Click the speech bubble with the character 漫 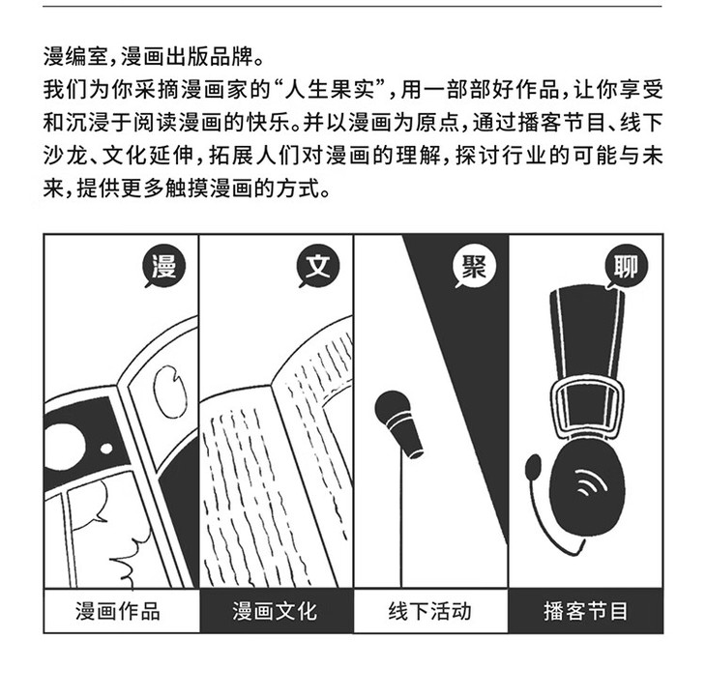tap(163, 266)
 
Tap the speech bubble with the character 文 tap(318, 266)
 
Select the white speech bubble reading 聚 tap(474, 266)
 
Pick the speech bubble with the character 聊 tap(627, 267)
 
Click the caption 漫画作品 tap(118, 611)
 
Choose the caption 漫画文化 tap(275, 611)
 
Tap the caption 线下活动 tap(430, 611)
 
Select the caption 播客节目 tap(585, 611)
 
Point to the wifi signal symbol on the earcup tap(590, 481)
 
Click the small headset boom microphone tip tap(533, 467)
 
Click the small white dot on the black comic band tap(106, 449)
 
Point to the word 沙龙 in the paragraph tap(65, 156)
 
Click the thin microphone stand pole tap(399, 517)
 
